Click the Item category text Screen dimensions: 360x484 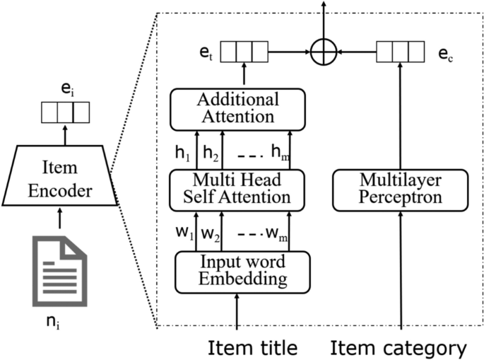pos(399,347)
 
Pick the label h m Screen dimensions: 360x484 pos(282,152)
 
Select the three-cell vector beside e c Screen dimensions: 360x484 pos(400,52)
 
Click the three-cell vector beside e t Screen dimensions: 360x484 pos(244,52)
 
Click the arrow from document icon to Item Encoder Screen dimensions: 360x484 pos(62,220)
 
